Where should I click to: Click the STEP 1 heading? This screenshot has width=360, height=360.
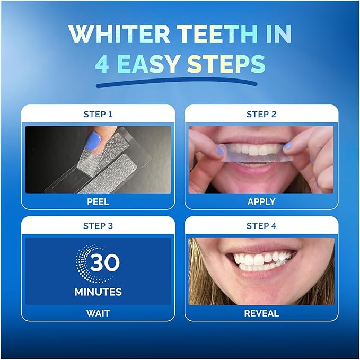coord(98,114)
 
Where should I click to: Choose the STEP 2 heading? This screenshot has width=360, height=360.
coord(261,114)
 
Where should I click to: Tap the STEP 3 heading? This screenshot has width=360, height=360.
coord(98,225)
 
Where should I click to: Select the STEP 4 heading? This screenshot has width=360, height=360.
coord(261,225)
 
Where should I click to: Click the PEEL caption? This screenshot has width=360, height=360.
coord(98,201)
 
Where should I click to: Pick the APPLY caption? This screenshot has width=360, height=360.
coord(261,201)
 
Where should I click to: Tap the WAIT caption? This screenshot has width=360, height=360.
coord(98,313)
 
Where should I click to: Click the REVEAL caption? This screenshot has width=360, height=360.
coord(261,313)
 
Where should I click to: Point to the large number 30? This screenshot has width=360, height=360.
coord(104,263)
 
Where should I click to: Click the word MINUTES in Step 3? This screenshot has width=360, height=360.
coord(98,292)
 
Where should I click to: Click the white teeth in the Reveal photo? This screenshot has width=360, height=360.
coord(260,260)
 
